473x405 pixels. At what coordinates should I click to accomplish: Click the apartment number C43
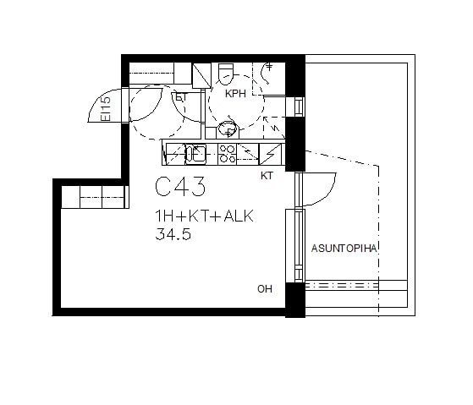180,187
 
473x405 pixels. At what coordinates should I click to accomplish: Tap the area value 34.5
173,234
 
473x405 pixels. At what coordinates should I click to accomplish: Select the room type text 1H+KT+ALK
204,216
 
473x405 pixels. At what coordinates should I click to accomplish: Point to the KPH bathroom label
235,94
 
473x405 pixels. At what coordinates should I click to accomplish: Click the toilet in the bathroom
226,74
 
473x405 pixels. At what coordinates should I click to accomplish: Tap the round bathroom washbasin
228,129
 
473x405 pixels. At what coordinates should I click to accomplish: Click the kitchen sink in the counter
195,154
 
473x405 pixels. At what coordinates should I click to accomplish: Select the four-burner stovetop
227,154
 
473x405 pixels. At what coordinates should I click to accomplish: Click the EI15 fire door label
106,109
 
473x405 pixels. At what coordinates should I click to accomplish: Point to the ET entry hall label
181,97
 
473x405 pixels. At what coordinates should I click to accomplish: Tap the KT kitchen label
267,176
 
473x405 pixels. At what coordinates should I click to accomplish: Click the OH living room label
265,289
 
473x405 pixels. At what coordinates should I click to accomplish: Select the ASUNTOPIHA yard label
344,249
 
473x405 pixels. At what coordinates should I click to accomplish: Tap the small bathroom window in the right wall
299,107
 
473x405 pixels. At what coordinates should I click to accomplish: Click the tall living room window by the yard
299,245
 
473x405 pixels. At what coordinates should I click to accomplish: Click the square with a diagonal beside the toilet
201,75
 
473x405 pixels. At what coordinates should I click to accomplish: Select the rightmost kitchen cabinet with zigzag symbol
270,154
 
